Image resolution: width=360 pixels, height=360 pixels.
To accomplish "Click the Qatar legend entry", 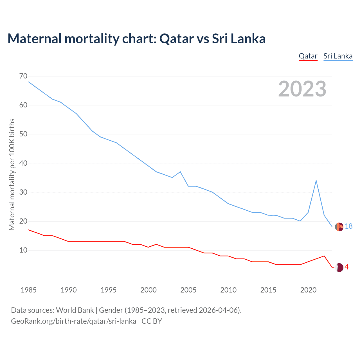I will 308,56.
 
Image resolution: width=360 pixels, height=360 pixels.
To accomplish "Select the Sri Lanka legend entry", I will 338,56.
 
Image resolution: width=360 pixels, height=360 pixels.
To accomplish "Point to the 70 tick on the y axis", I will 24,76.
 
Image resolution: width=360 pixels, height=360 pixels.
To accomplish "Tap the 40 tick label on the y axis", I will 24,163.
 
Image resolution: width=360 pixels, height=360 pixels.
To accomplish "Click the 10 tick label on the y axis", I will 24,250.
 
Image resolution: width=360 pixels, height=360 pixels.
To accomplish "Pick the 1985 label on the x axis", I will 29,290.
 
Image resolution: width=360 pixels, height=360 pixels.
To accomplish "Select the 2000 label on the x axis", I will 148,290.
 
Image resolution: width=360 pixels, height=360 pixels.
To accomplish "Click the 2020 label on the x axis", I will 308,290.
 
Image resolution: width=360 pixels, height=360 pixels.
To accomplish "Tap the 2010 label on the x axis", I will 228,290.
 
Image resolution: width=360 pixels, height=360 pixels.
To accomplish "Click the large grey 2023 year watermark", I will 302,89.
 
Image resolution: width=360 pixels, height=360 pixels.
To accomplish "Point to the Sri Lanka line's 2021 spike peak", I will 316,181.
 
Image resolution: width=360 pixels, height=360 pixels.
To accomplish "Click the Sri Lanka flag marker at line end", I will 339,227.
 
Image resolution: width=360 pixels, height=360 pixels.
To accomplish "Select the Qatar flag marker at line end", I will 339,267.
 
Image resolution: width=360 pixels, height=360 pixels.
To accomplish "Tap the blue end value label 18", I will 349,226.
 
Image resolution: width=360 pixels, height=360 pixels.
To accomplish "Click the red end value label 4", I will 347,267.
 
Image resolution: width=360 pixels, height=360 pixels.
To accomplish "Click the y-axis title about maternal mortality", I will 12,174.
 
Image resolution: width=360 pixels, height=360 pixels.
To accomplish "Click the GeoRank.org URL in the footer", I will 73,321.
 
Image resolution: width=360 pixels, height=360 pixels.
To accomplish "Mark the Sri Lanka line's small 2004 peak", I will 180,172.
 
